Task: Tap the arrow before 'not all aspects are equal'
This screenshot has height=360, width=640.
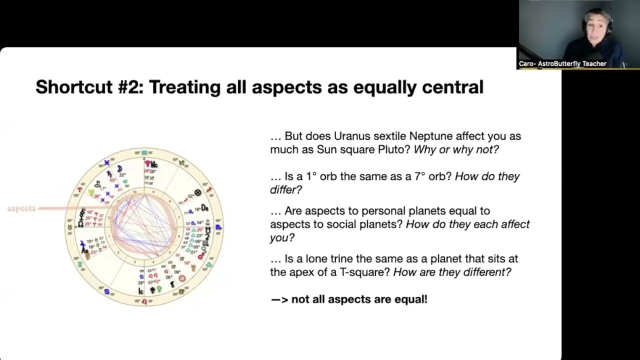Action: coord(279,299)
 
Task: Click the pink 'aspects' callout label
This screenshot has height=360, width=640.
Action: coord(21,208)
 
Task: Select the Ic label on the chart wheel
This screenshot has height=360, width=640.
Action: coord(141,290)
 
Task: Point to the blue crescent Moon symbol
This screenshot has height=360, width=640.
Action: coord(119,169)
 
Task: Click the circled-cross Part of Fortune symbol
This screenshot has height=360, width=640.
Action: coord(198,192)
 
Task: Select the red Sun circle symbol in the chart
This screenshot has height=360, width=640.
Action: coord(182,276)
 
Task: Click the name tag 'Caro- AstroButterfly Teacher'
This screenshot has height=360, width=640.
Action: coord(562,63)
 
